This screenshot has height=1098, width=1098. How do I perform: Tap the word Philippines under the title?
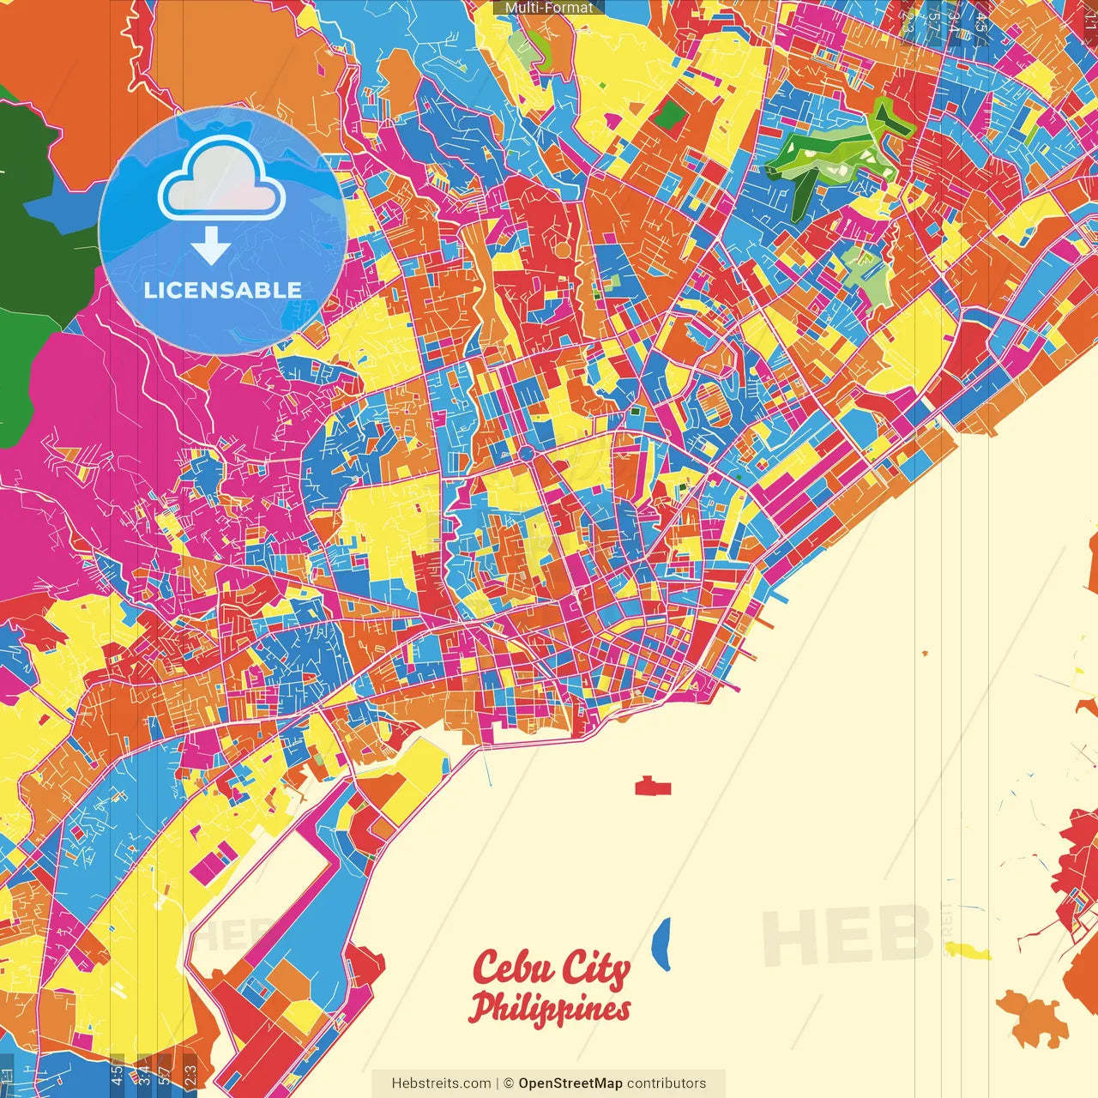[x=549, y=1008]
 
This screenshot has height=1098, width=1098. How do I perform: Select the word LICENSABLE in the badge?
[x=223, y=290]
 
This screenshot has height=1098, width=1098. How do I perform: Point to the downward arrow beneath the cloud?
[x=210, y=246]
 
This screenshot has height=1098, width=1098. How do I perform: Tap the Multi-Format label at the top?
[x=549, y=8]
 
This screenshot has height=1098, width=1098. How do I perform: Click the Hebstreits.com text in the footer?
[x=441, y=1083]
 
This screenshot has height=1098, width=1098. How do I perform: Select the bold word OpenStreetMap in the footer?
[x=570, y=1083]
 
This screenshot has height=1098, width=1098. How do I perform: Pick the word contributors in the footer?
[x=667, y=1083]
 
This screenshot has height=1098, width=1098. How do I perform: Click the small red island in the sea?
[x=653, y=786]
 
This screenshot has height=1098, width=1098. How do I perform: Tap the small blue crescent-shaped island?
[x=661, y=944]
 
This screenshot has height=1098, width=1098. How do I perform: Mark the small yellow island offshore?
[x=967, y=950]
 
